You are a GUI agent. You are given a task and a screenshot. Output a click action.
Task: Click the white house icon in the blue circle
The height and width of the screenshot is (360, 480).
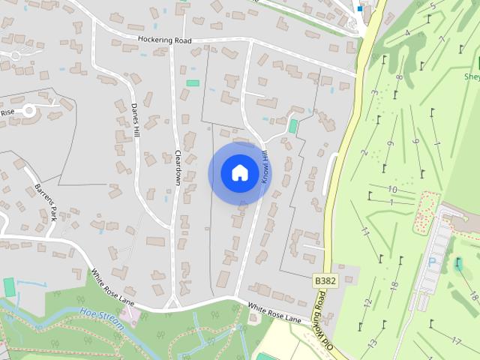tap(239, 172)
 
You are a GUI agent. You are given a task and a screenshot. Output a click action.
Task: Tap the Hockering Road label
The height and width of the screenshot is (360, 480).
tap(164, 40)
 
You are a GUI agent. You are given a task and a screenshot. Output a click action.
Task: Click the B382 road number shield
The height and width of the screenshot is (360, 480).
tap(324, 280)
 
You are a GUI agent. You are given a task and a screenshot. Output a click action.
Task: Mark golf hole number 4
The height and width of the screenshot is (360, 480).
tap(408, 33)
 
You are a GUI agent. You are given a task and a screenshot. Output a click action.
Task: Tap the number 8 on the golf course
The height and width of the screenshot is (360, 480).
tap(400, 77)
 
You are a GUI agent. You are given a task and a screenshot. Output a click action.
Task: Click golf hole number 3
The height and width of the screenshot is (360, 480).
tap(373, 94)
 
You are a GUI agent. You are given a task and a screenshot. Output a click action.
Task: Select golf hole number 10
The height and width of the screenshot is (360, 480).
tap(392, 190)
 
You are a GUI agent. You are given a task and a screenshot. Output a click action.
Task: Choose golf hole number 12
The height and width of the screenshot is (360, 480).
tap(367, 303)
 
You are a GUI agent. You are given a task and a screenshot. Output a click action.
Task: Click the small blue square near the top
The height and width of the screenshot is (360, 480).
tap(360, 9)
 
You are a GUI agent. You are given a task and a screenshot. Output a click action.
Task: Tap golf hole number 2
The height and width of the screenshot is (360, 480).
tap(364, 153)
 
